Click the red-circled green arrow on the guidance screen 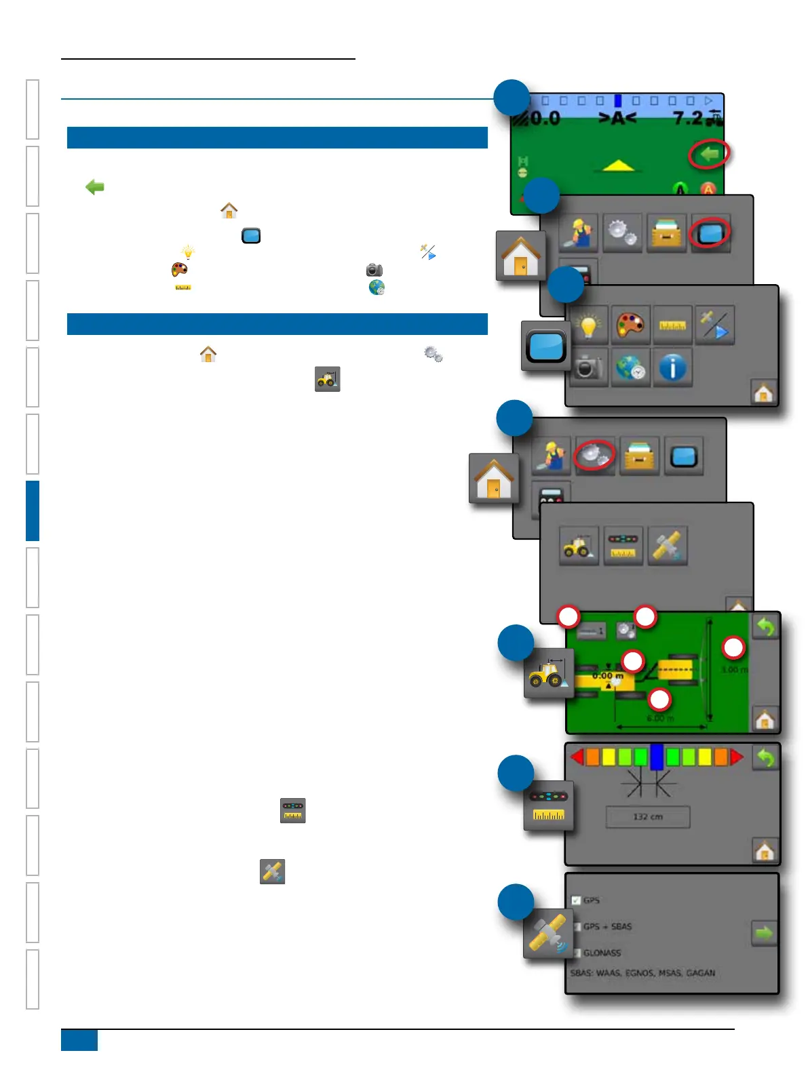709,155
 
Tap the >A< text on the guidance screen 617,119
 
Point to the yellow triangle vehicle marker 617,165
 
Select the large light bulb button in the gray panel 588,325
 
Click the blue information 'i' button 672,368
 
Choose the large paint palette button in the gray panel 630,325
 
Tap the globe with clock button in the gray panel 630,368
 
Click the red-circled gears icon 594,455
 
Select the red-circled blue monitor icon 709,234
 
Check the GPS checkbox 576,900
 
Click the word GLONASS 602,953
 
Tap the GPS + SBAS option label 607,926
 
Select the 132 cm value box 647,817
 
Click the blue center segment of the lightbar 656,757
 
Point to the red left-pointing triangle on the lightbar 577,757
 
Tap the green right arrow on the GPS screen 764,934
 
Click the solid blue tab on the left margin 33,511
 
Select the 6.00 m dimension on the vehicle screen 659,718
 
